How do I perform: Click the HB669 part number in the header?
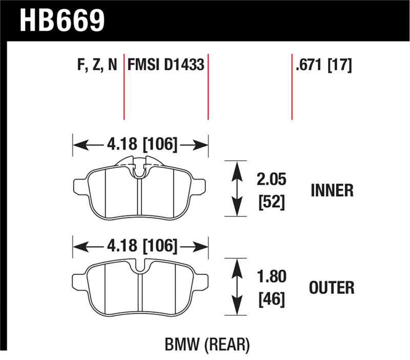[x=62, y=21]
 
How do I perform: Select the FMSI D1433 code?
[x=166, y=65]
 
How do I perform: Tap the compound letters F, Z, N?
[x=97, y=65]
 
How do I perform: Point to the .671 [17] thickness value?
[x=324, y=65]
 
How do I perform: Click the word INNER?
[x=332, y=190]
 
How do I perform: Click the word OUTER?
[x=332, y=288]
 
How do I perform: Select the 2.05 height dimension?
[x=272, y=179]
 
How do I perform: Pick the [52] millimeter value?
[x=272, y=202]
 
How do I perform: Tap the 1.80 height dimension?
[x=272, y=276]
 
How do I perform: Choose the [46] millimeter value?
[x=272, y=299]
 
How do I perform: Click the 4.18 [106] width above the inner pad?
[x=142, y=144]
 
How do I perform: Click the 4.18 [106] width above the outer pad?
[x=142, y=246]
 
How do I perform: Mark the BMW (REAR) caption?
[x=207, y=344]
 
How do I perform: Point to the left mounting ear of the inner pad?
[x=80, y=187]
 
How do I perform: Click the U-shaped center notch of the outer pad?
[x=140, y=267]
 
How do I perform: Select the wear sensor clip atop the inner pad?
[x=140, y=168]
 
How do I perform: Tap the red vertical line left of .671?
[x=292, y=87]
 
